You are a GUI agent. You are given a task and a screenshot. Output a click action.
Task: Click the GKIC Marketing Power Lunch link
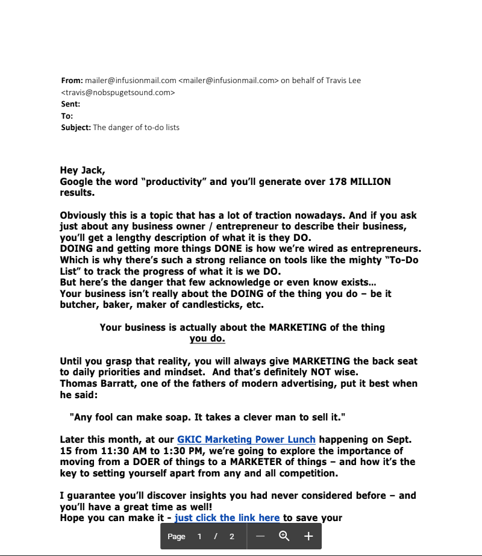click(x=246, y=440)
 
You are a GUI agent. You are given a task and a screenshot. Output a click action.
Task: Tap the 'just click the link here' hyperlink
click(x=227, y=517)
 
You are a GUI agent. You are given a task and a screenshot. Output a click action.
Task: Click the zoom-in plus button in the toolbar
click(x=308, y=536)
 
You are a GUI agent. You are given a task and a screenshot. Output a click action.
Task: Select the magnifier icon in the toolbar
click(x=284, y=536)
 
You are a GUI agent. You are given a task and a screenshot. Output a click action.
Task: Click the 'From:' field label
click(x=72, y=80)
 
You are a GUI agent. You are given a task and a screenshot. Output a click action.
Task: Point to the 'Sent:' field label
click(x=70, y=104)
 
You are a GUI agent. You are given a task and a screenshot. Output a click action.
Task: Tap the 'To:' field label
click(x=67, y=116)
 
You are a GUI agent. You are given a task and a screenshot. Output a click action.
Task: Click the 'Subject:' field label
click(x=76, y=127)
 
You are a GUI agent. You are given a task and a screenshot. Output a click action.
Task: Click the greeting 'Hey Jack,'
click(x=83, y=170)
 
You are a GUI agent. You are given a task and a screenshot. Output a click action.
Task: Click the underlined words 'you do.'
click(x=207, y=339)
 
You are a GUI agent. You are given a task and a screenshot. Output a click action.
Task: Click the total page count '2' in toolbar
click(x=232, y=536)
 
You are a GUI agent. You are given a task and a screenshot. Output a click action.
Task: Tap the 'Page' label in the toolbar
click(x=176, y=536)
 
